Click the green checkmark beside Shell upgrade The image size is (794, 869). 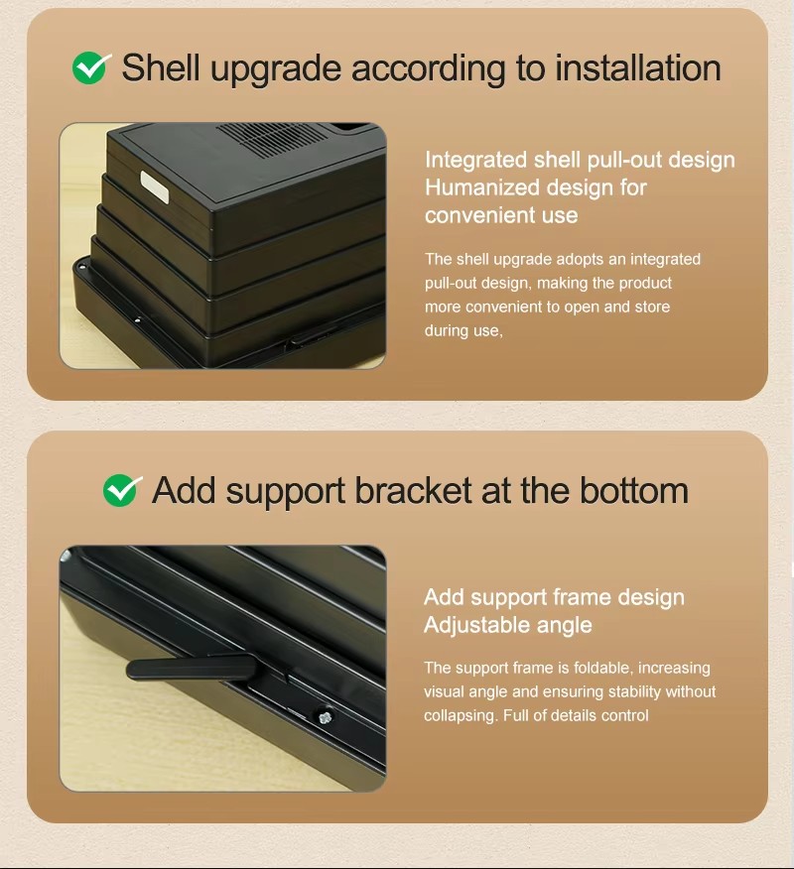[x=90, y=68]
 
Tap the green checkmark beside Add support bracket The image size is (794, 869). [x=121, y=490]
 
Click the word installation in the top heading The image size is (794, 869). [x=638, y=68]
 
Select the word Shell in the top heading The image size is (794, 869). [x=161, y=68]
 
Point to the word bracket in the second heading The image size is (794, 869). [x=414, y=490]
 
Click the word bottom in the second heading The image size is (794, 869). [x=634, y=490]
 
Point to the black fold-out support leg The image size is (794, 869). [x=192, y=668]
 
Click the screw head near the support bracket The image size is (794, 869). [x=326, y=716]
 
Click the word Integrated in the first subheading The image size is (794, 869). [x=475, y=160]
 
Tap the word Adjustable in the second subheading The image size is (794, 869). [x=477, y=625]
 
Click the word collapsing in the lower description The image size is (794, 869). [x=460, y=716]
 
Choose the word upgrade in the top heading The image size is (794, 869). [x=276, y=69]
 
